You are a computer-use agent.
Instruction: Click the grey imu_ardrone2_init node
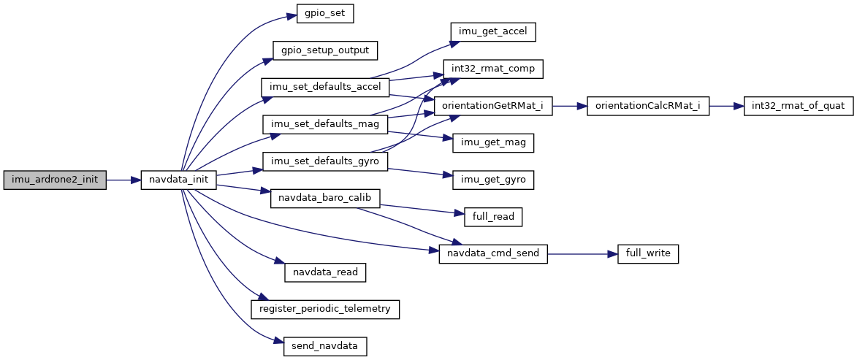(x=55, y=180)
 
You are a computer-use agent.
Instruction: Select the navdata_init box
(x=178, y=180)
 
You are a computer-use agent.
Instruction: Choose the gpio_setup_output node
(x=325, y=50)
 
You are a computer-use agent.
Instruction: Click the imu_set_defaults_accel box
(x=325, y=87)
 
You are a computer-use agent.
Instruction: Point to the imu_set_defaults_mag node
(x=325, y=124)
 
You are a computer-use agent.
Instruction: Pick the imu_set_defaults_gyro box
(x=325, y=161)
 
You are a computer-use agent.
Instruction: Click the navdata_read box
(x=325, y=272)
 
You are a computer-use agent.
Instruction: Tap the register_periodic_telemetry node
(x=325, y=309)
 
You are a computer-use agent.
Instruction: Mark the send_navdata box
(x=325, y=346)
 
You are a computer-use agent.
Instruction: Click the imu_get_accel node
(x=493, y=31)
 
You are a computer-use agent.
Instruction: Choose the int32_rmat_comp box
(x=493, y=69)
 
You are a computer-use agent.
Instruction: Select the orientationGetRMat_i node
(x=493, y=106)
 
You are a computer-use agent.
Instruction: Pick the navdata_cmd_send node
(x=493, y=253)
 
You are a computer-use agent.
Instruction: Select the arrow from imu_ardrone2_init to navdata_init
(x=123, y=180)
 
